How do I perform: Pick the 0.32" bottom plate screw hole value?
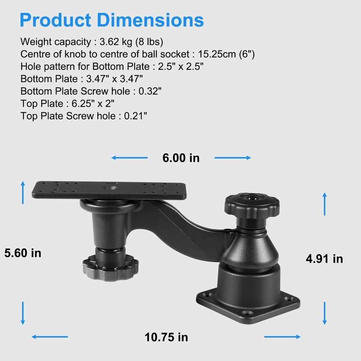[150, 91]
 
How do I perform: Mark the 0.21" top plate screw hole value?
[135, 116]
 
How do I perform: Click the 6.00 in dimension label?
[181, 158]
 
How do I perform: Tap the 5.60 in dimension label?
[23, 253]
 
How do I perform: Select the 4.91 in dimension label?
[325, 258]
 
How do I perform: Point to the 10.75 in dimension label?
[166, 337]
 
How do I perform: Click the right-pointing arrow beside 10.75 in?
[282, 337]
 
